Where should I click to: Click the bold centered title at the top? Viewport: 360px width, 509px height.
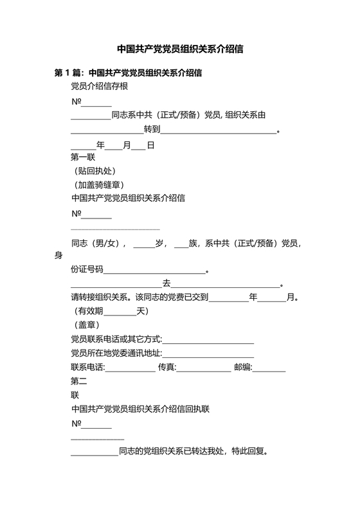pyautogui.click(x=179, y=49)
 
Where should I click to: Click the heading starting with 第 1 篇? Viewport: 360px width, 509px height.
pyautogui.click(x=129, y=73)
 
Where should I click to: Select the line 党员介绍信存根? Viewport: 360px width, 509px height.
pyautogui.click(x=99, y=87)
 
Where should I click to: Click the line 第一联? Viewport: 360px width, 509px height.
pyautogui.click(x=83, y=157)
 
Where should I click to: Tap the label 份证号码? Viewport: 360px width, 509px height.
pyautogui.click(x=87, y=270)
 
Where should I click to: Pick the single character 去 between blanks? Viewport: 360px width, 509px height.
pyautogui.click(x=166, y=283)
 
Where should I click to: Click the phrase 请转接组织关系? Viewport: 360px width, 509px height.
pyautogui.click(x=100, y=298)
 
